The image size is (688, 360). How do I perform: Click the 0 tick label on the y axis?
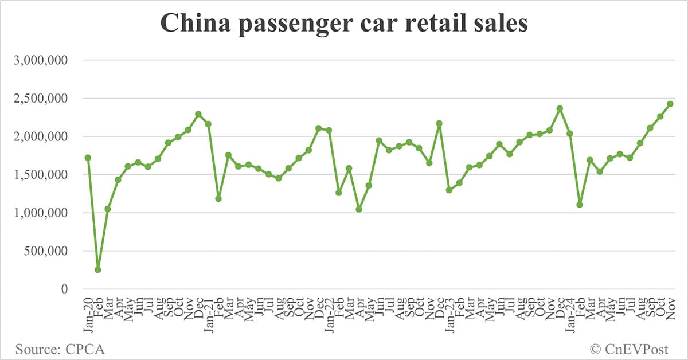pos(65,289)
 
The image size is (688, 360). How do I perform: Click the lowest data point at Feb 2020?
pos(98,269)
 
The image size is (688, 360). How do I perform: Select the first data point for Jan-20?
pos(88,158)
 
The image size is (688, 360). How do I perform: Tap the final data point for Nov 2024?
pos(670,104)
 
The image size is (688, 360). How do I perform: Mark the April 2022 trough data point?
pos(359,209)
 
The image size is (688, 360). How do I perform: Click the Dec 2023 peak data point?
pos(560,108)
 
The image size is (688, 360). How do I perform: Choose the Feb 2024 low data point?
pos(580,205)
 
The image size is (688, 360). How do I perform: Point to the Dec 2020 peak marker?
pos(198,114)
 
